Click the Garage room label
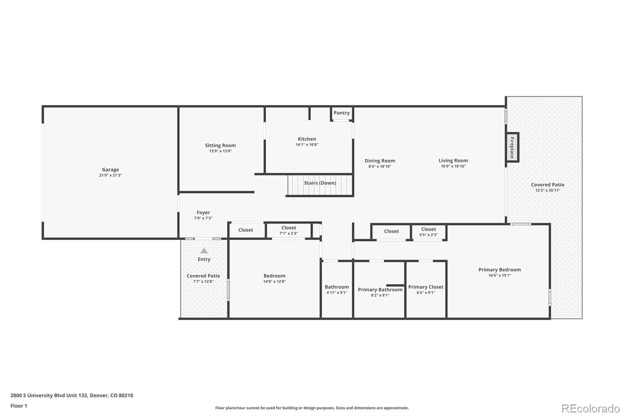(110, 170)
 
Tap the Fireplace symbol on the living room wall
(512, 148)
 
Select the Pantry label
(342, 113)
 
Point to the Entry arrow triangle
(204, 251)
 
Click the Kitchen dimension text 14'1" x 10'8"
(307, 145)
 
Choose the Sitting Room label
(220, 146)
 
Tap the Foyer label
(203, 213)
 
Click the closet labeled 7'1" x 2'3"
(289, 230)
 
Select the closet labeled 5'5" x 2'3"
(428, 232)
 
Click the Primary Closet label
(425, 287)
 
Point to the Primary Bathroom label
(380, 290)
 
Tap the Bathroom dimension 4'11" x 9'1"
(337, 293)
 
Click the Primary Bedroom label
(499, 270)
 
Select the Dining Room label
(379, 161)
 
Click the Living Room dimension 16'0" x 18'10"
(453, 166)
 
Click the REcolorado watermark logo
(590, 409)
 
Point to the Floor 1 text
(19, 406)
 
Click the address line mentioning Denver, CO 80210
(72, 395)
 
